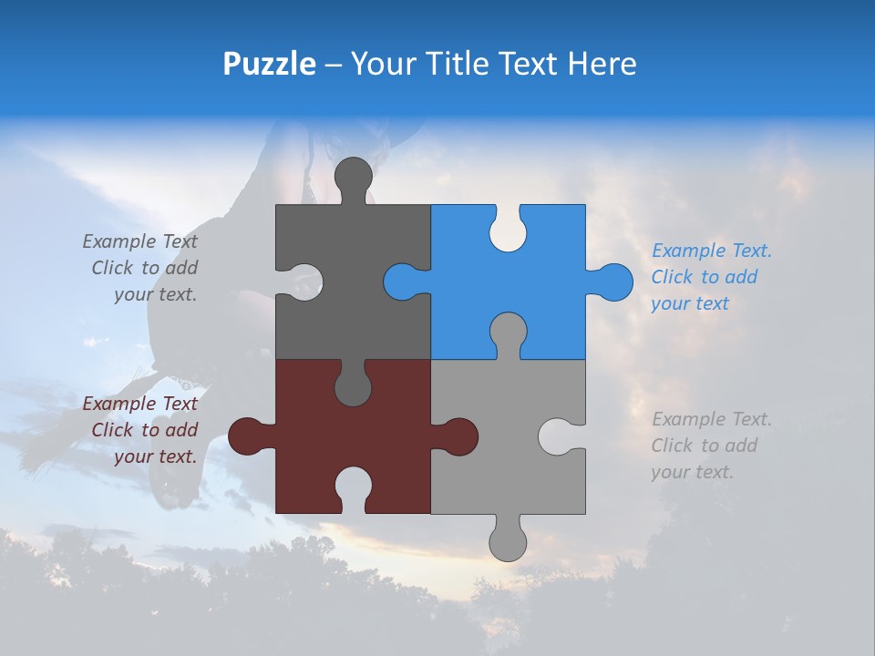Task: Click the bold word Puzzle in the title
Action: (x=270, y=64)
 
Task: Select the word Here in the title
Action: (x=602, y=64)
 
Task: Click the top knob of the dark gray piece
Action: (x=353, y=176)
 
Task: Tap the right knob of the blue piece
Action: (x=613, y=282)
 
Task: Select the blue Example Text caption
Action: (x=711, y=277)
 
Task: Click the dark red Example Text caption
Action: (x=140, y=430)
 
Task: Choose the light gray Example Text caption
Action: (x=711, y=446)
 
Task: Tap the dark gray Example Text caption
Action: (x=140, y=268)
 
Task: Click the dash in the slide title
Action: (x=334, y=65)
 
